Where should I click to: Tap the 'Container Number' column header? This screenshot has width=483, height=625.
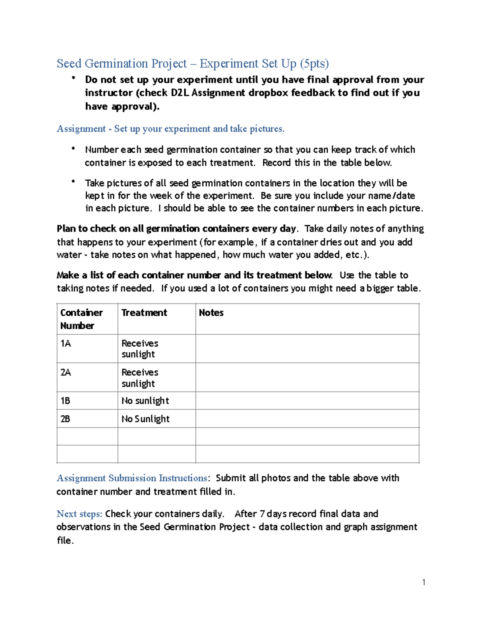click(x=81, y=319)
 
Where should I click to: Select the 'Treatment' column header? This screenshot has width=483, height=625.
click(x=144, y=313)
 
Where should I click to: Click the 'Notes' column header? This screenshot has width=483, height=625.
click(x=211, y=313)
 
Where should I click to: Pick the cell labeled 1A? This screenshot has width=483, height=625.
click(x=66, y=343)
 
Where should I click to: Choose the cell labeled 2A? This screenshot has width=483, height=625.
click(x=66, y=372)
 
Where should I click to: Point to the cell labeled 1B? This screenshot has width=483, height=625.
click(x=65, y=401)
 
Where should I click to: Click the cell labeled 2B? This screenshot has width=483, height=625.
click(x=65, y=419)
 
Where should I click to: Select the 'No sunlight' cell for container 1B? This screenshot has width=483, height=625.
click(x=145, y=401)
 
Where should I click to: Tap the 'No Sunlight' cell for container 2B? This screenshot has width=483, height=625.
click(x=145, y=419)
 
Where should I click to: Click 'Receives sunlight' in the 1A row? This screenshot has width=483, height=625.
click(x=140, y=349)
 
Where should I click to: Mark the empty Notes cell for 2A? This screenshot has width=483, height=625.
click(x=307, y=377)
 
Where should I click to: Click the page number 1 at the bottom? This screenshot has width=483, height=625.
click(x=424, y=582)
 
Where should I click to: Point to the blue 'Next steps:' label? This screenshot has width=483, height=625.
click(x=79, y=514)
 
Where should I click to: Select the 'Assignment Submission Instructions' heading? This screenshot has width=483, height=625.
click(x=132, y=478)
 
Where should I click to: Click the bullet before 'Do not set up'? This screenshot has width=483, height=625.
click(x=73, y=78)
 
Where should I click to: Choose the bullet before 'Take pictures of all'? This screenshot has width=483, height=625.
click(x=73, y=182)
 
